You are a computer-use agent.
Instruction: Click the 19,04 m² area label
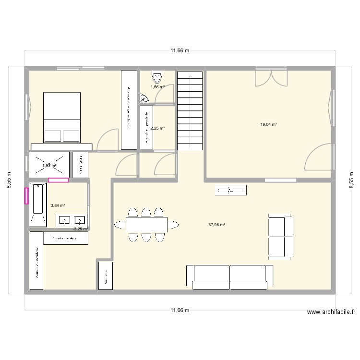pyautogui.click(x=269, y=124)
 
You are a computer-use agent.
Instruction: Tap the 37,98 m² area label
pyautogui.click(x=217, y=224)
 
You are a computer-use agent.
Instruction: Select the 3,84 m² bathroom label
pyautogui.click(x=58, y=205)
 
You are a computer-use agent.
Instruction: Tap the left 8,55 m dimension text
pyautogui.click(x=8, y=181)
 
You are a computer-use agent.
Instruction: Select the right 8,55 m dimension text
pyautogui.click(x=352, y=181)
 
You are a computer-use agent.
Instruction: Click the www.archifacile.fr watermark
pyautogui.click(x=331, y=312)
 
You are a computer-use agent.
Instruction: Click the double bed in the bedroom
pyautogui.click(x=62, y=117)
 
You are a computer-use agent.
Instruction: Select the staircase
pyautogui.click(x=191, y=110)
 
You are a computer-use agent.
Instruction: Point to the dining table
pyautogui.click(x=146, y=224)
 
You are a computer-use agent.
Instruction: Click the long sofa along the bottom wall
pyautogui.click(x=230, y=277)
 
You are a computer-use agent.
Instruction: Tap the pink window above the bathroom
pyautogui.click(x=58, y=180)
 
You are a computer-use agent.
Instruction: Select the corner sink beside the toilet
pyautogui.click(x=144, y=99)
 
